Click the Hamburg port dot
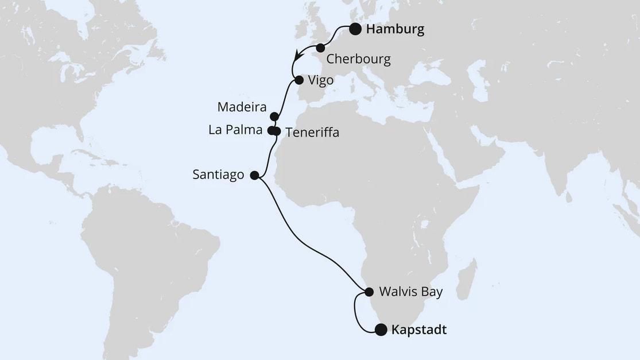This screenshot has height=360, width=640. [x=355, y=29]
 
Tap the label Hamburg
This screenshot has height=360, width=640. [x=395, y=30]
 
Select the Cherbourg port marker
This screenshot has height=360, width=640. [x=320, y=48]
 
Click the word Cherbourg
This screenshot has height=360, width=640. [x=358, y=59]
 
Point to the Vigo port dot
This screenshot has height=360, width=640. [x=299, y=80]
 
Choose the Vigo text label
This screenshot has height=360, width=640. [x=321, y=80]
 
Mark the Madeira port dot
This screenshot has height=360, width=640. [x=274, y=116]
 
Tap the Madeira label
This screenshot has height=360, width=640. [x=242, y=107]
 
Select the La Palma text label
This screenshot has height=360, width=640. [x=235, y=130]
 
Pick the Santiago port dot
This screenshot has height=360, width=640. [x=255, y=176]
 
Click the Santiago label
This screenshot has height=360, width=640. [x=219, y=175]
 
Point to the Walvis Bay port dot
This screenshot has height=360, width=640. [x=369, y=292]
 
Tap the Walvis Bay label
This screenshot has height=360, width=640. [x=411, y=292]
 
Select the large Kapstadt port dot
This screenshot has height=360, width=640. [x=381, y=330]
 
